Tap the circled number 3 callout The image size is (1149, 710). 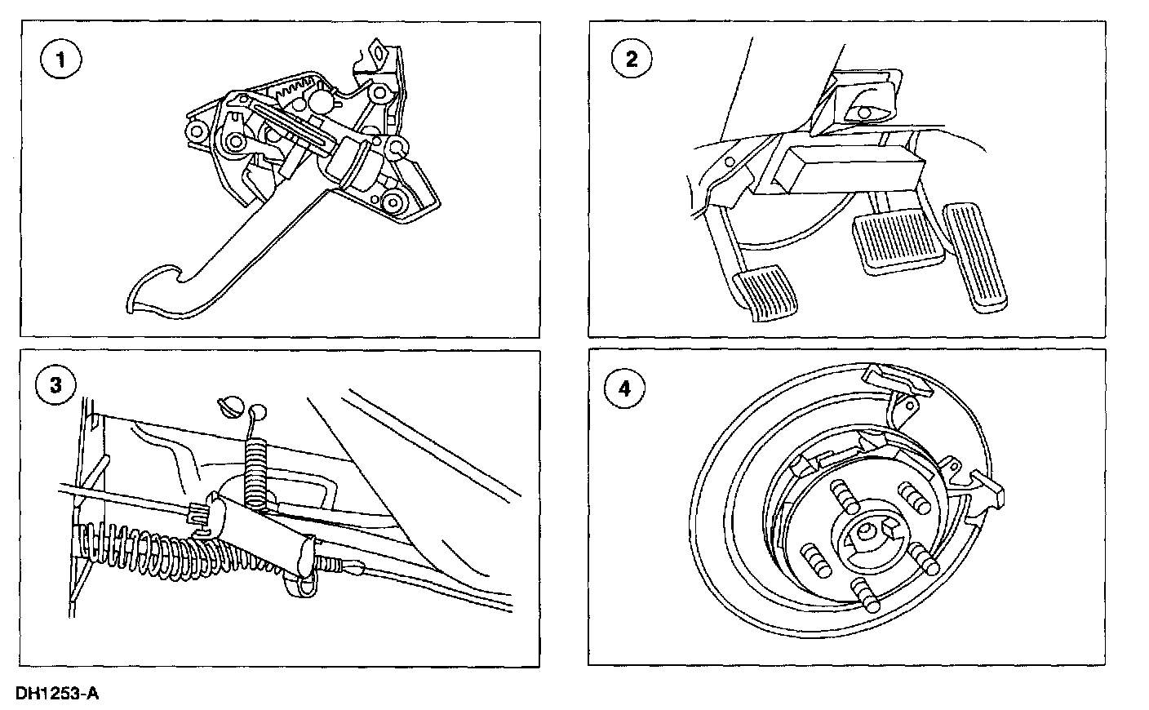click(x=55, y=386)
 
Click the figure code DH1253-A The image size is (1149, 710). click(x=57, y=694)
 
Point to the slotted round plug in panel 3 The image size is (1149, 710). click(x=231, y=406)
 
